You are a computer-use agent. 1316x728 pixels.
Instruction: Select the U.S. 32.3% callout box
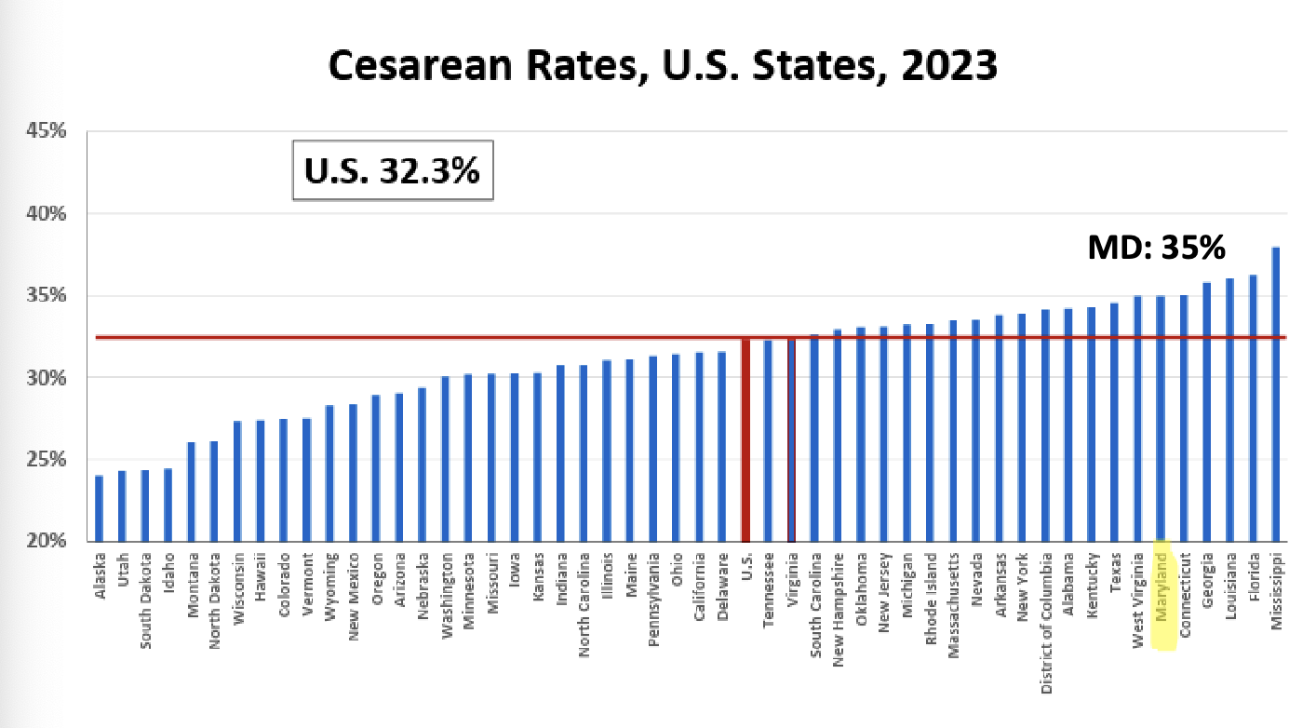pos(392,170)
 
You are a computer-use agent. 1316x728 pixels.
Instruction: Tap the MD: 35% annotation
pos(1156,249)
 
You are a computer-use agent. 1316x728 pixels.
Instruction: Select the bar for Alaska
pos(99,508)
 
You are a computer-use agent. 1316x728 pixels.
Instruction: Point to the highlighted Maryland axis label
pos(1162,596)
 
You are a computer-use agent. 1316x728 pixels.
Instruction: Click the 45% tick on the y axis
pos(46,131)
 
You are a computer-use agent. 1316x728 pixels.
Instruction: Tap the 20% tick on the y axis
pos(46,541)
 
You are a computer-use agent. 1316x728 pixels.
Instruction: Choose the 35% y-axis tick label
pos(46,295)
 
